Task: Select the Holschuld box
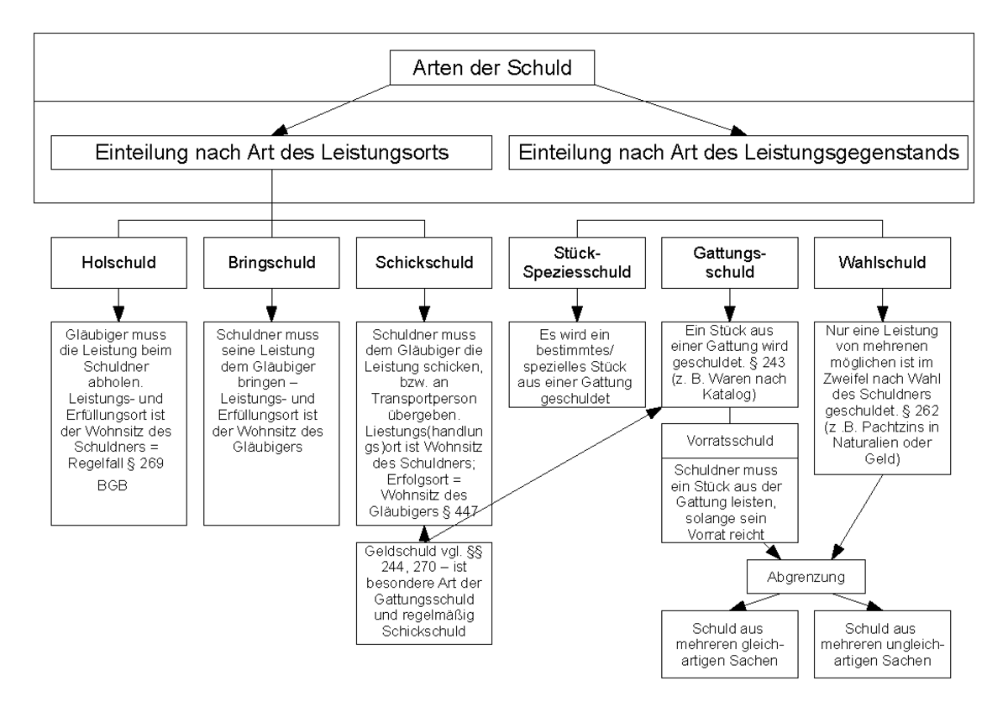click(x=118, y=262)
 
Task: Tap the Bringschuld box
click(x=271, y=262)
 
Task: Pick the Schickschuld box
click(x=423, y=262)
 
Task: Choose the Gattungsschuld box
click(x=729, y=262)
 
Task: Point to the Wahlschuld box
click(x=882, y=262)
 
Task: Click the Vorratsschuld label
click(x=729, y=440)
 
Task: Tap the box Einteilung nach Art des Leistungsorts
click(x=270, y=154)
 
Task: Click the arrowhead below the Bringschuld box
click(x=271, y=302)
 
